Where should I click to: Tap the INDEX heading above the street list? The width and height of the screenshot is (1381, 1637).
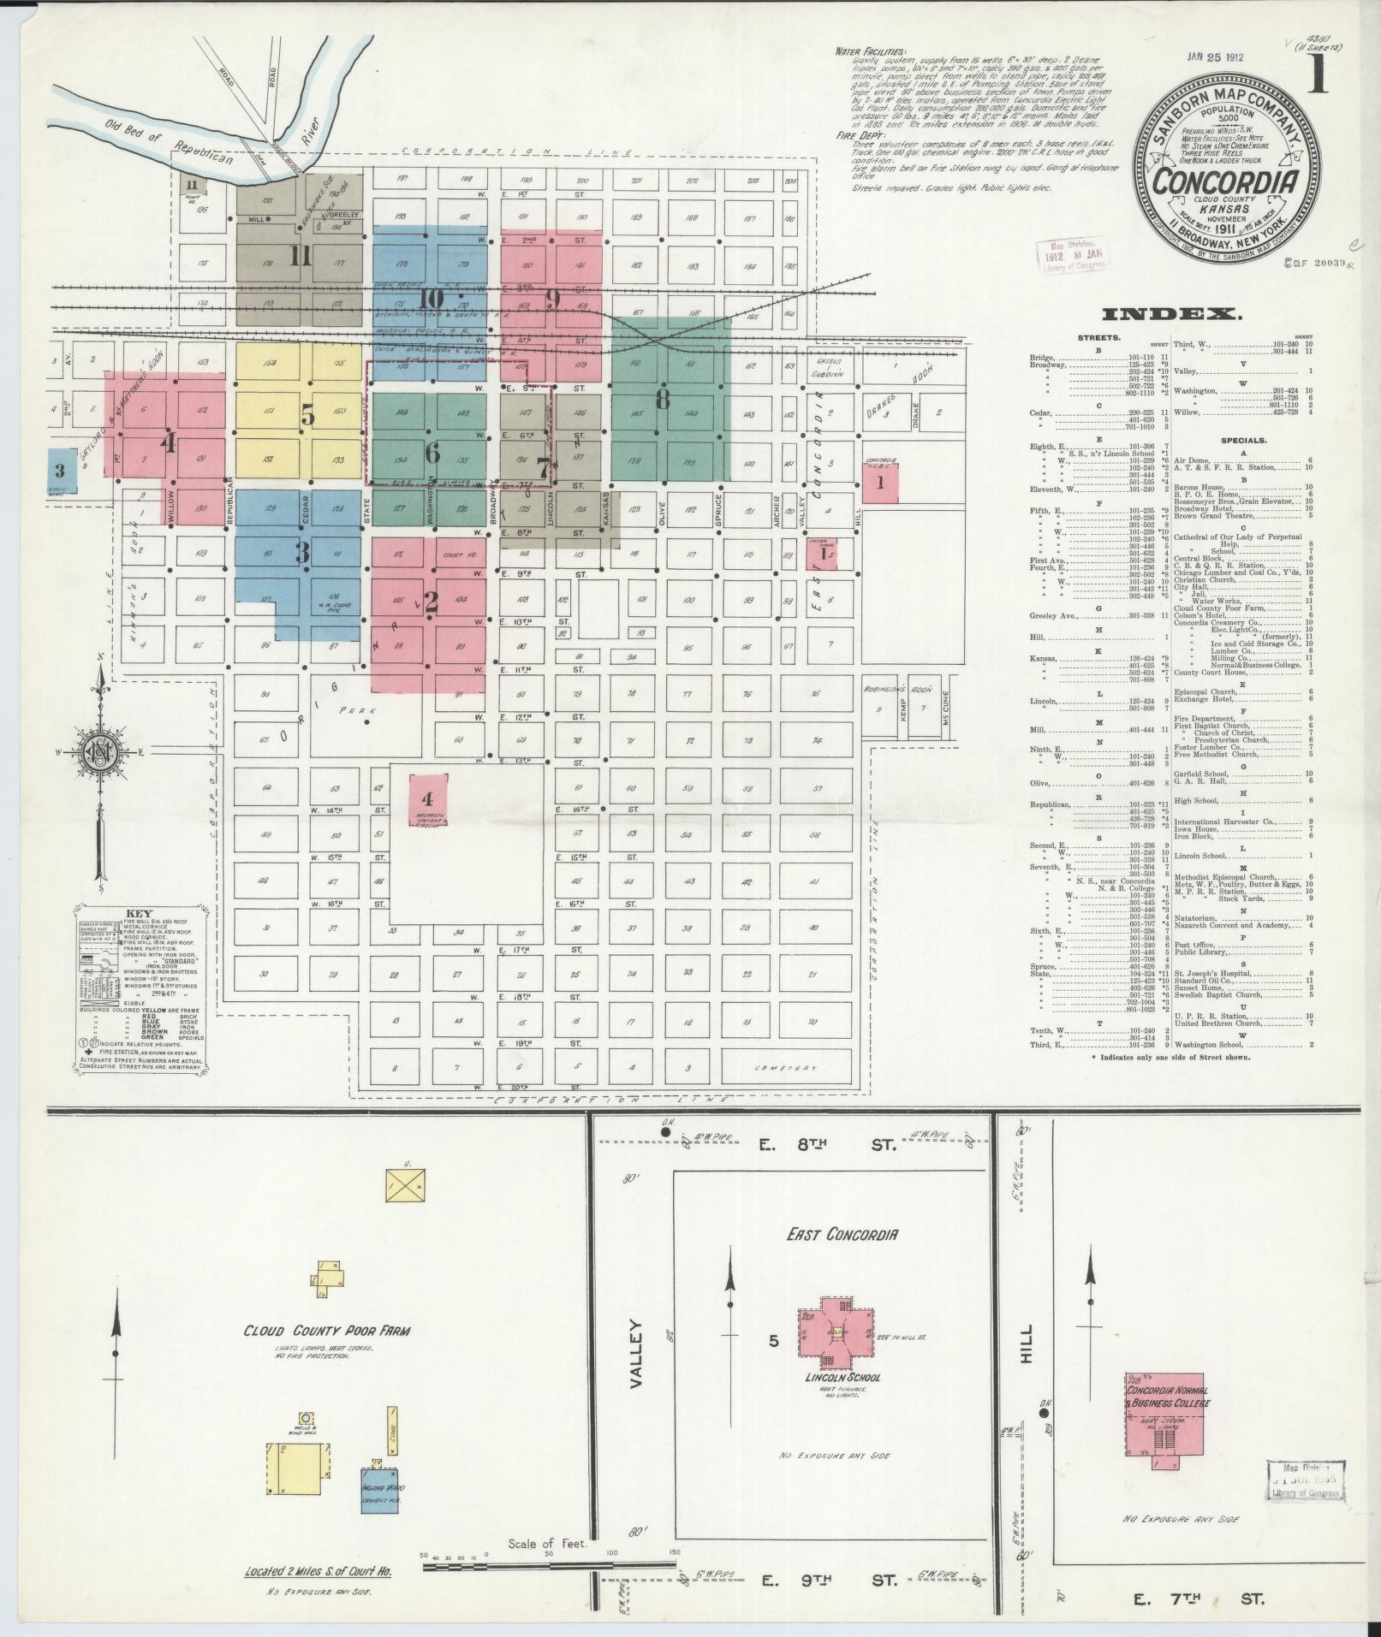tap(1170, 315)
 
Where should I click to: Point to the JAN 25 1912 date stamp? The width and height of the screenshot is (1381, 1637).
tap(1215, 56)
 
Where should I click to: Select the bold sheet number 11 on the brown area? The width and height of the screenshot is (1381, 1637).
tap(300, 256)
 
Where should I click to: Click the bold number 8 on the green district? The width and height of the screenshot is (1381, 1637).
tap(662, 399)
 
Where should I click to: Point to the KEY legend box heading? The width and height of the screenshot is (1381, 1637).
tap(138, 912)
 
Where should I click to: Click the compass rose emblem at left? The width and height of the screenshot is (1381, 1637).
tap(101, 754)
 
